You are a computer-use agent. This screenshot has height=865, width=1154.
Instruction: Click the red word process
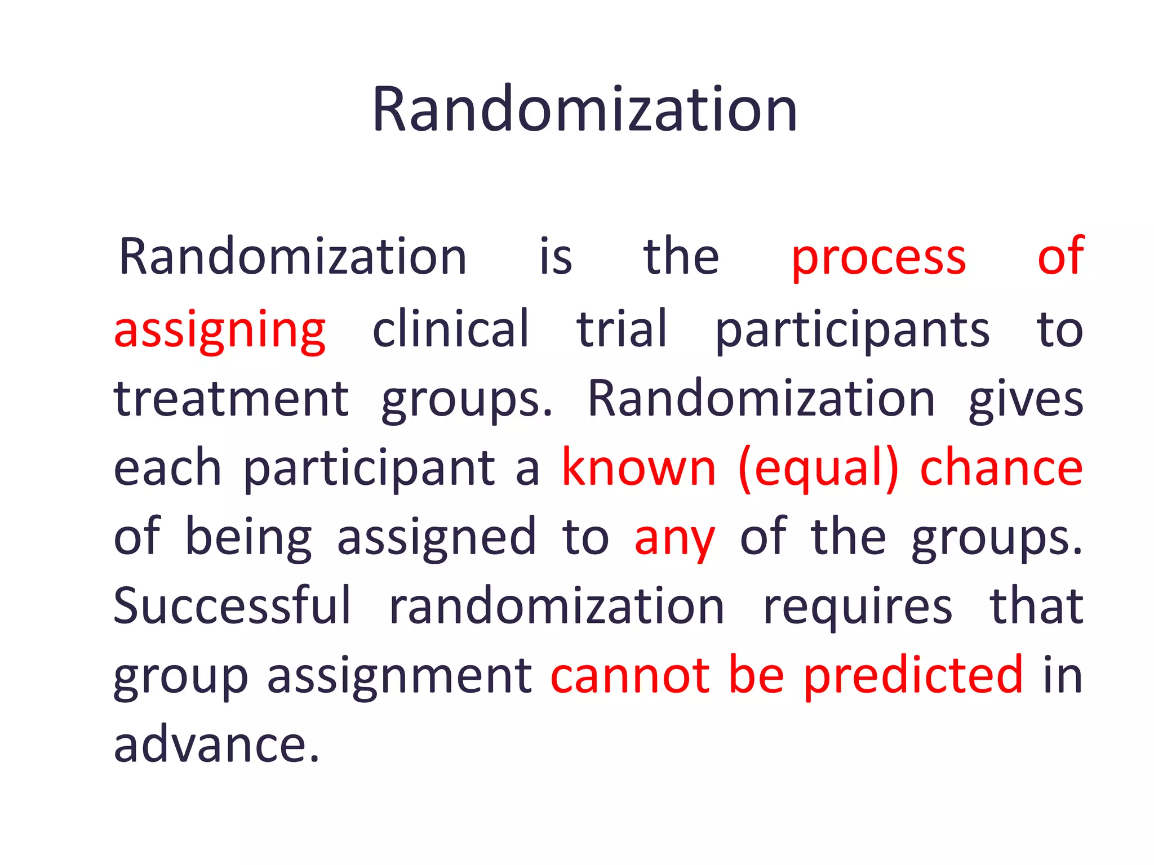coord(878,258)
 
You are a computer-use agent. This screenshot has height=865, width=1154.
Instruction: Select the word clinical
coord(451,329)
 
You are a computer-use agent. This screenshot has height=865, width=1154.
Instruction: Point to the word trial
coord(622,329)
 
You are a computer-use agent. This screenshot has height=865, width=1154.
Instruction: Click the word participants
coord(852,331)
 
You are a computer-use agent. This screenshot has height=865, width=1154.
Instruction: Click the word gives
coord(1026,400)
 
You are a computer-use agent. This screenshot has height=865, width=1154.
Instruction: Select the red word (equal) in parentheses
coord(818,469)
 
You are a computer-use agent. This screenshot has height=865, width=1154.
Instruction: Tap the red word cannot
coord(630,676)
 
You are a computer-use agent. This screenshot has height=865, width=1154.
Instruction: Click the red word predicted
coord(913,676)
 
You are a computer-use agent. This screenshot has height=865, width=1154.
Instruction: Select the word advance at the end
coord(216,744)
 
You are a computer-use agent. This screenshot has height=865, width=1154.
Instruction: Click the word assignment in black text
coord(400,677)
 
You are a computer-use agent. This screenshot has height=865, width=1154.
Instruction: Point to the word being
coord(248,538)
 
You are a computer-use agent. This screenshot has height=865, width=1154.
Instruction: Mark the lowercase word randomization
coord(557,607)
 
